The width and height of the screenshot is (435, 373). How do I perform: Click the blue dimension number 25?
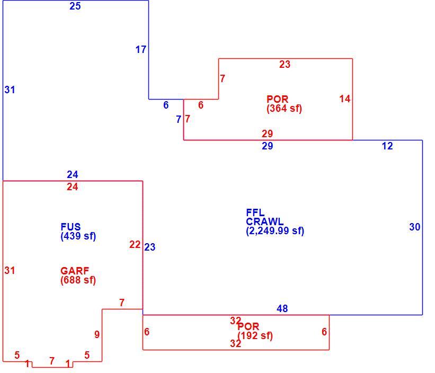pyautogui.click(x=75, y=6)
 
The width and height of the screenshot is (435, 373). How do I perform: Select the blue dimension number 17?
pyautogui.click(x=140, y=50)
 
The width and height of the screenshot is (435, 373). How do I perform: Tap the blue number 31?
pyautogui.click(x=10, y=90)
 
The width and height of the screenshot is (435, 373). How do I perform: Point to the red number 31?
pyautogui.click(x=10, y=270)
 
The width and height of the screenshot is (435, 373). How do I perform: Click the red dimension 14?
pyautogui.click(x=345, y=99)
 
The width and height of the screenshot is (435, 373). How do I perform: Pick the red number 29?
pyautogui.click(x=268, y=134)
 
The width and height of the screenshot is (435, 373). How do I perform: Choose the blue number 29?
pyautogui.click(x=268, y=146)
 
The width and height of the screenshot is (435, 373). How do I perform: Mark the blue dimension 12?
pyautogui.click(x=387, y=146)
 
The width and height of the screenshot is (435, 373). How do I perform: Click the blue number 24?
pyautogui.click(x=73, y=174)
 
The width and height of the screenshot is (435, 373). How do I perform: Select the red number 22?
pyautogui.click(x=135, y=244)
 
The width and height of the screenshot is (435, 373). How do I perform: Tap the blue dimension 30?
pyautogui.click(x=415, y=227)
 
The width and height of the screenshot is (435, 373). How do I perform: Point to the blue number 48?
pyautogui.click(x=282, y=308)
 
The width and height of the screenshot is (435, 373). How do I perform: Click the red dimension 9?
pyautogui.click(x=97, y=334)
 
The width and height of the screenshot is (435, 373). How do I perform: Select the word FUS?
pyautogui.click(x=71, y=227)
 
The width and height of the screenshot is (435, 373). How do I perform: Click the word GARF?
pyautogui.click(x=75, y=271)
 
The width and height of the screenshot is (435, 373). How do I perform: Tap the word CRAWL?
pyautogui.click(x=265, y=221)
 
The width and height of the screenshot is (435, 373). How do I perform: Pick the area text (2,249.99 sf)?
pyautogui.click(x=275, y=230)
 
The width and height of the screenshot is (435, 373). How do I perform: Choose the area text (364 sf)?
pyautogui.click(x=284, y=109)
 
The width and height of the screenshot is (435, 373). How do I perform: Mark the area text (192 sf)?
pyautogui.click(x=255, y=336)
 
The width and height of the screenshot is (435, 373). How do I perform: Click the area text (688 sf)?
pyautogui.click(x=78, y=280)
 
